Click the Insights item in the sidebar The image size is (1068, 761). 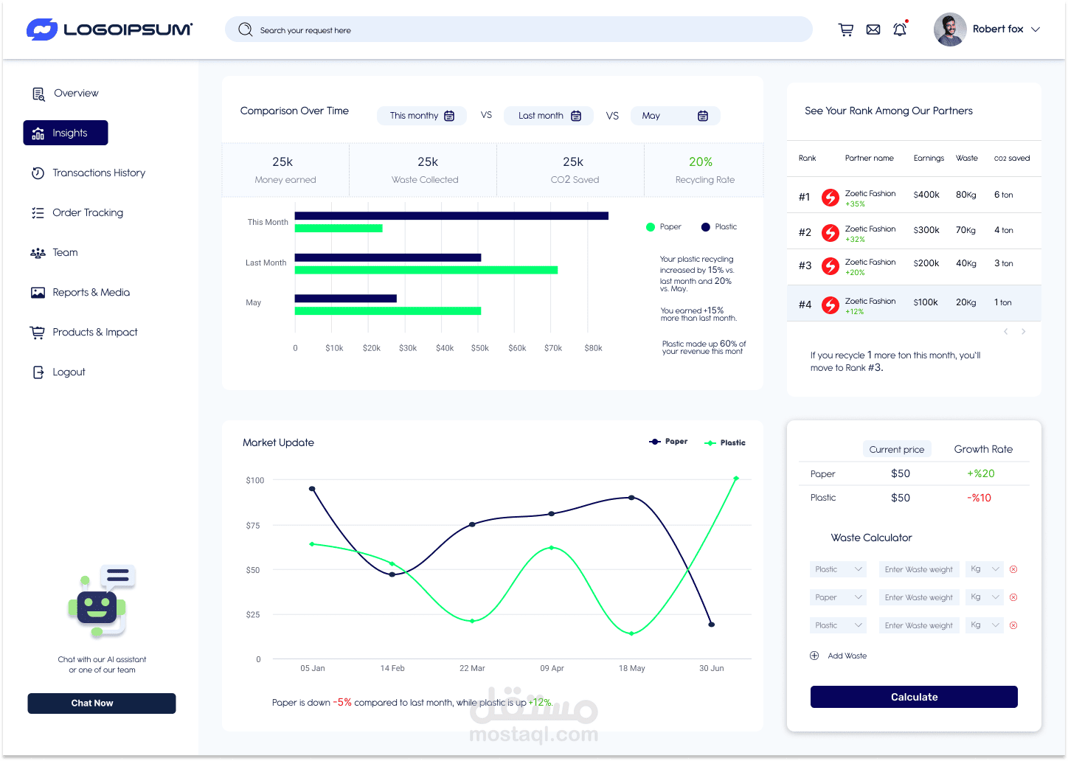click(x=66, y=133)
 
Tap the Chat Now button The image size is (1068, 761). click(x=102, y=703)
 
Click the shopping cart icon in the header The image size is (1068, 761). click(x=846, y=29)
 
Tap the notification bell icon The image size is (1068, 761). click(x=900, y=29)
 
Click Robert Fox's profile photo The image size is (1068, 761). click(x=950, y=29)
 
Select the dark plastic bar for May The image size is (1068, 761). click(x=346, y=299)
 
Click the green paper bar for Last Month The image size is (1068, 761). click(x=426, y=271)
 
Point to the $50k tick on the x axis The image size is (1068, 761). click(x=479, y=348)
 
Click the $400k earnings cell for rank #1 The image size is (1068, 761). click(x=926, y=195)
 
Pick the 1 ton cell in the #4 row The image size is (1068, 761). click(x=1002, y=302)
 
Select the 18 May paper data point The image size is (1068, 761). click(x=632, y=497)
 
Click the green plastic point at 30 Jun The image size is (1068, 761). click(x=736, y=479)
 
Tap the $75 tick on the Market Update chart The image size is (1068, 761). click(x=253, y=526)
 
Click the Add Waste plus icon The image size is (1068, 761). click(x=814, y=656)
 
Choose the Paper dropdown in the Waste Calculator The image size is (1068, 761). click(x=838, y=597)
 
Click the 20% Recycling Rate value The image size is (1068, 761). click(x=701, y=161)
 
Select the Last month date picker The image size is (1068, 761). click(x=549, y=116)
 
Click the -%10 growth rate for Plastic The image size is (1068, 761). click(x=979, y=498)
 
